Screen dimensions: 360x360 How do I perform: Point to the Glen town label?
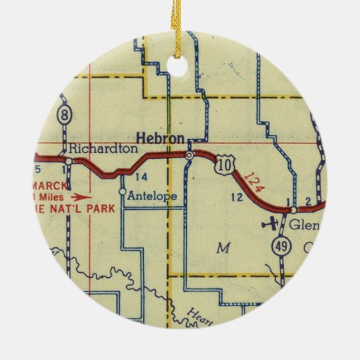(304, 225)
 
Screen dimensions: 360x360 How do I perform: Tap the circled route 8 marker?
(65, 116)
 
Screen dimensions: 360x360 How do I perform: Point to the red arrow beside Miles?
(82, 197)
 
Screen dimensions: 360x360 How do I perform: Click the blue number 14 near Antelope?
(141, 177)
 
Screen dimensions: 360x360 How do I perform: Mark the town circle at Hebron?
(190, 154)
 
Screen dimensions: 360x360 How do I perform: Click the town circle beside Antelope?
(122, 192)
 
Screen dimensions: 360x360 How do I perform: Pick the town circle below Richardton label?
(68, 162)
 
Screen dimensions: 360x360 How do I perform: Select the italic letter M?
(223, 249)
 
